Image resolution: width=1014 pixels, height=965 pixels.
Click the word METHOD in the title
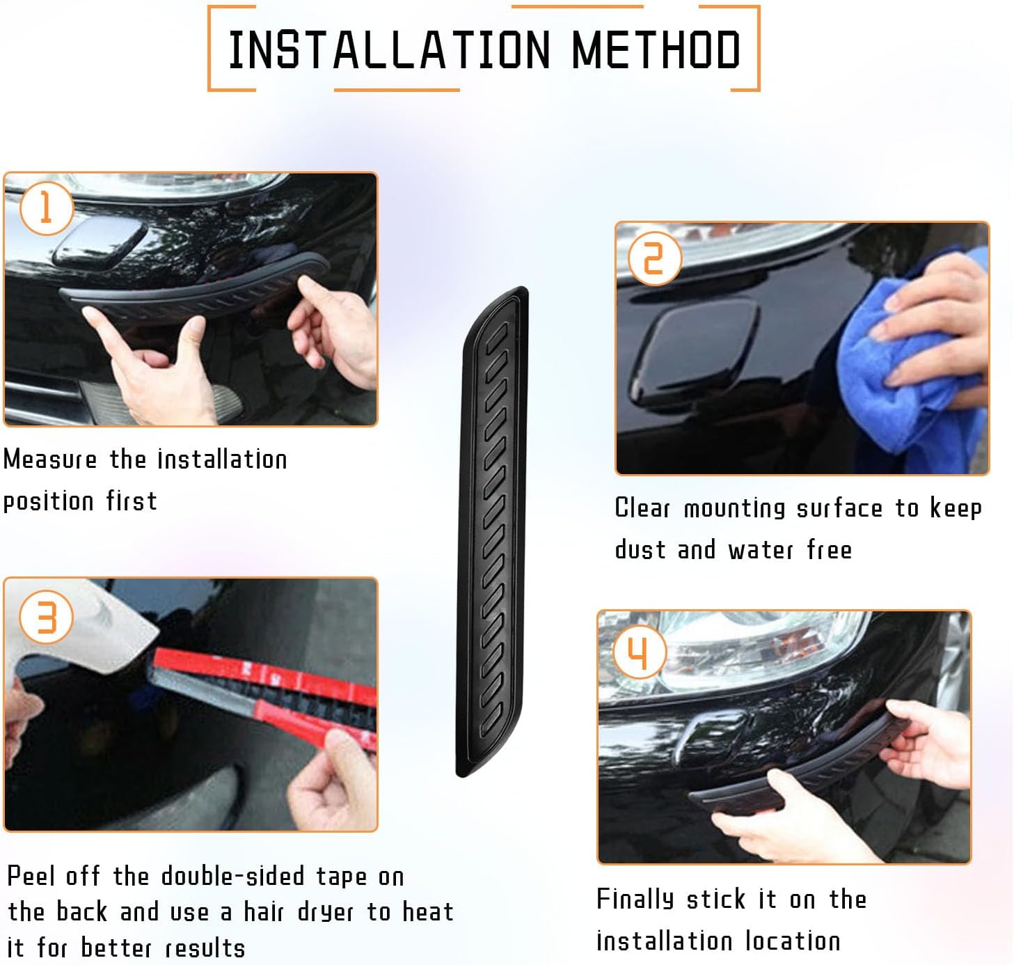click(x=656, y=49)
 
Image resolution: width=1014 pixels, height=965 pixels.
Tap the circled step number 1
click(x=46, y=208)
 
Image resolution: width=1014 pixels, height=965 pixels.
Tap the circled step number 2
click(x=653, y=258)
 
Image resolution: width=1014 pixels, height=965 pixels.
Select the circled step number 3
click(x=46, y=617)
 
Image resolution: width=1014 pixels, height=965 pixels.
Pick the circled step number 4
click(x=638, y=652)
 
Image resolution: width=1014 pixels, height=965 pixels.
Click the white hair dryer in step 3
click(x=77, y=627)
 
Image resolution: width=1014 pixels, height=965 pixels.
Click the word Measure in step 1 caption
click(x=50, y=460)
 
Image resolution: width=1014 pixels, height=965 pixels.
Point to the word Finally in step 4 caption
click(x=635, y=899)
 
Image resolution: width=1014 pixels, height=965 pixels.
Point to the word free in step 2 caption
click(x=829, y=550)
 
